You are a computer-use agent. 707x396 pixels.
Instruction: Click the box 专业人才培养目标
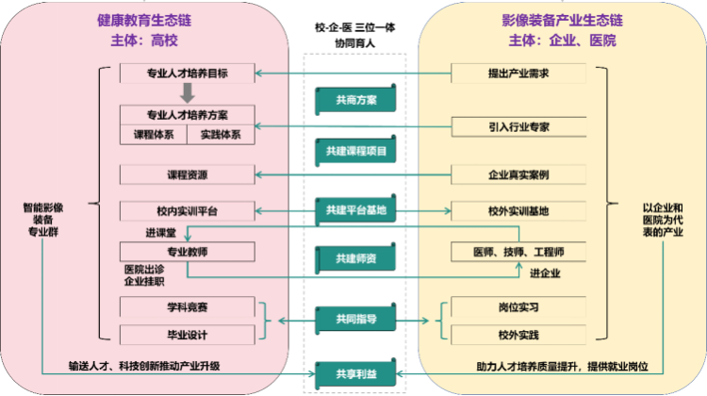point(188,74)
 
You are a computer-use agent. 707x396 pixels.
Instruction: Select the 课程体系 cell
point(154,135)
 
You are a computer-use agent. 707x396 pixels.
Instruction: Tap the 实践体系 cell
point(221,135)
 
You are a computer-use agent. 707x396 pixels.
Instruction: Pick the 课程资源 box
point(188,174)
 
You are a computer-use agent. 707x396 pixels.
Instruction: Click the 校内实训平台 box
point(188,210)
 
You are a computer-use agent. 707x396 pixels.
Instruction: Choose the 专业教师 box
point(188,252)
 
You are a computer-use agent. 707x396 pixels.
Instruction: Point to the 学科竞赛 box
point(188,306)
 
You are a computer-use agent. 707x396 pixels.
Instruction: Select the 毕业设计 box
point(188,334)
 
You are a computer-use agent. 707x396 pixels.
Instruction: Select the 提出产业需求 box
point(518,74)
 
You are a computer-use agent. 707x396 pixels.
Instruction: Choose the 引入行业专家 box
point(518,125)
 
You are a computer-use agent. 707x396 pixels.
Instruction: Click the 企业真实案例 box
point(518,174)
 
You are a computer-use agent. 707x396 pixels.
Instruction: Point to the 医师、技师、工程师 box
point(518,252)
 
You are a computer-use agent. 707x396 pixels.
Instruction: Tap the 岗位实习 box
point(518,306)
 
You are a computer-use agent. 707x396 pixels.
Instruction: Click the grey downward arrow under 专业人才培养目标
point(188,93)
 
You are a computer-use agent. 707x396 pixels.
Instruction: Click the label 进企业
point(545,273)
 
